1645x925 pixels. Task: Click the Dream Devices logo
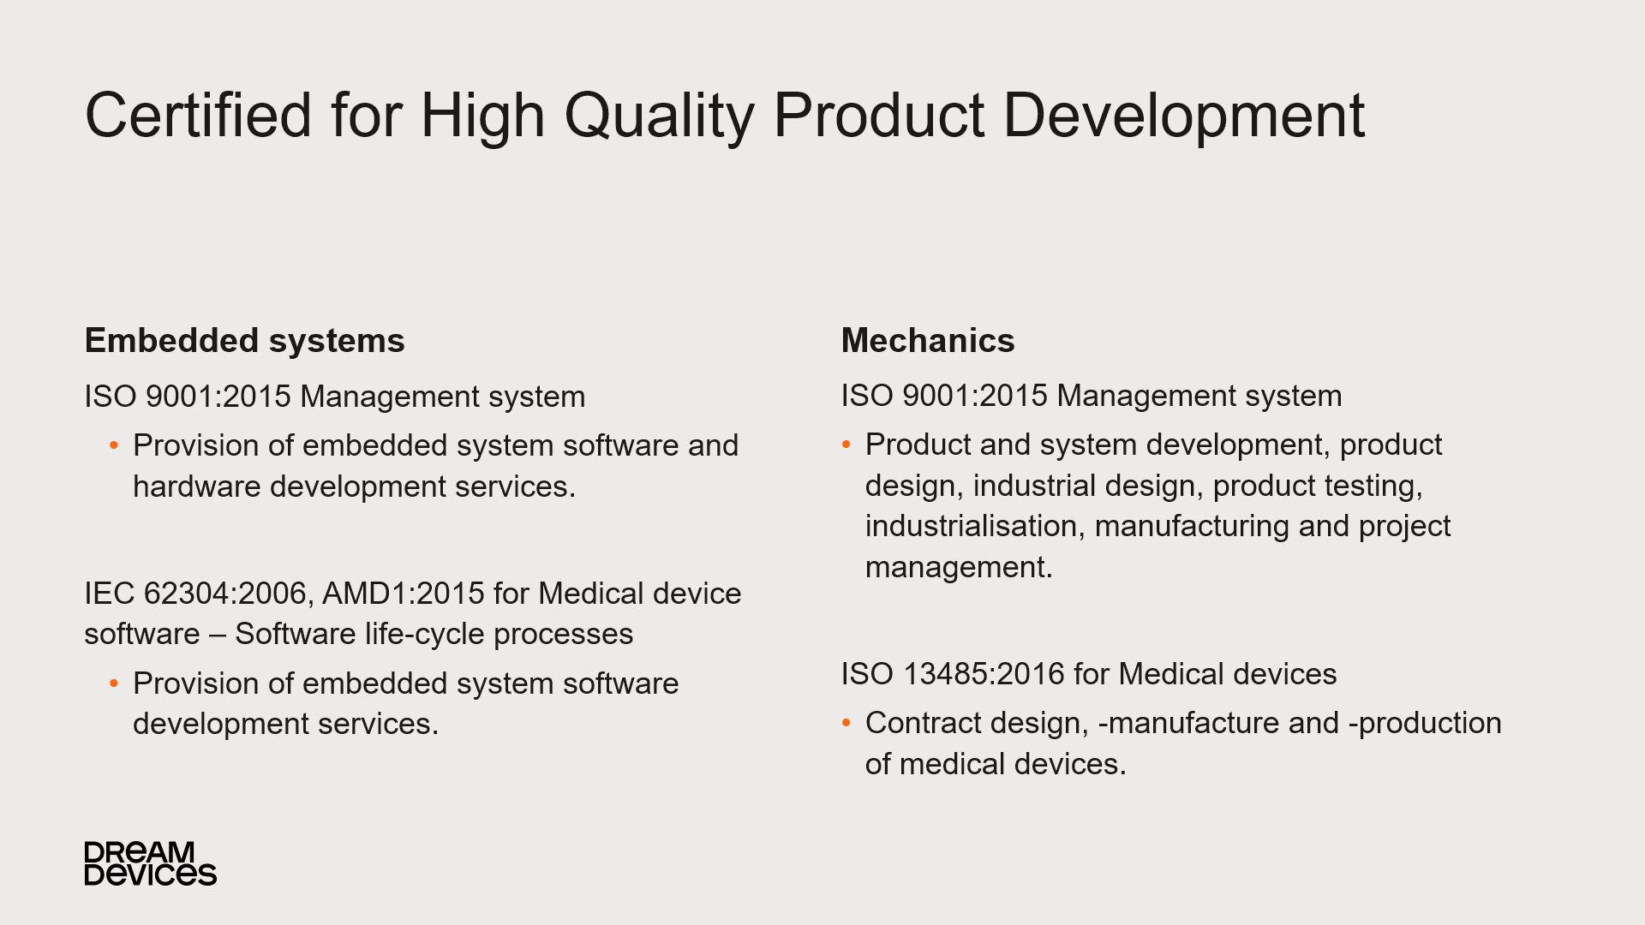coord(151,863)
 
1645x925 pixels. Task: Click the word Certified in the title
coord(199,115)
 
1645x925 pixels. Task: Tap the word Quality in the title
coord(659,118)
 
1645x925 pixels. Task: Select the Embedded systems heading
coord(244,341)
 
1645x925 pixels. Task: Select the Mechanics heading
coord(928,341)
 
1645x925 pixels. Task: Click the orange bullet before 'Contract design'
coord(846,724)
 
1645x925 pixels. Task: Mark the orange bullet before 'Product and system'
coord(846,445)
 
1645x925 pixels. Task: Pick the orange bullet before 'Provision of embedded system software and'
coord(114,446)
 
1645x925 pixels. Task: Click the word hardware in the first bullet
coord(197,486)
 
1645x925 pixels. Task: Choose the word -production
coord(1425,725)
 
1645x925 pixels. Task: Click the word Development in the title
coord(1184,116)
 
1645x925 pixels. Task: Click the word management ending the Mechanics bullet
coord(959,568)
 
